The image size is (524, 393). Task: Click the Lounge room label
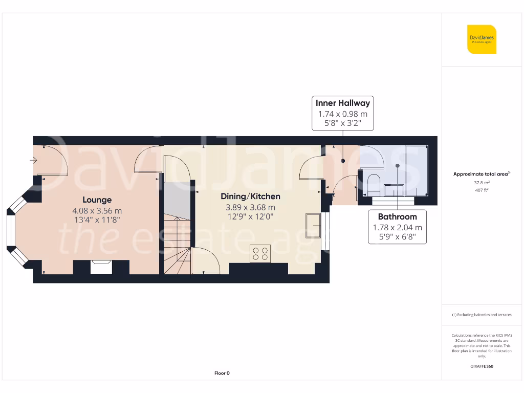97,200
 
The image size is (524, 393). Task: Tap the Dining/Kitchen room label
250,196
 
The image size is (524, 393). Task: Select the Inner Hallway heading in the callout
342,103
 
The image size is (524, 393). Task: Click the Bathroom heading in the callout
397,216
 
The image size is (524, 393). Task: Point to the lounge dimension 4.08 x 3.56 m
97,210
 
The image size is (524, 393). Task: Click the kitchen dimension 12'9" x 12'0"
250,216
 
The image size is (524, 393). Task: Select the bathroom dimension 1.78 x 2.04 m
397,228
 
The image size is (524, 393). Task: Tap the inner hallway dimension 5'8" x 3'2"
342,124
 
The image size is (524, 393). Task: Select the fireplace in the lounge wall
101,267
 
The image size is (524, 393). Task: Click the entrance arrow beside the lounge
34,161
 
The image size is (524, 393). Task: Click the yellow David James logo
482,39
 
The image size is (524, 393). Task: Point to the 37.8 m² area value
482,183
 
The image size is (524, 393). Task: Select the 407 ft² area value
482,190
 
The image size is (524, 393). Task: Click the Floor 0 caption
222,373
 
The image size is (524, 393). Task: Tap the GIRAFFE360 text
482,366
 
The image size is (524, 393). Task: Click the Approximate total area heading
481,174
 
